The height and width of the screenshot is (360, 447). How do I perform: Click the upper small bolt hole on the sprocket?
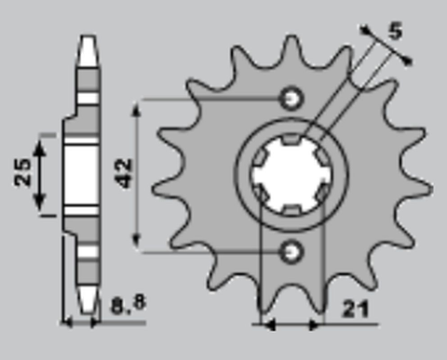point(292,99)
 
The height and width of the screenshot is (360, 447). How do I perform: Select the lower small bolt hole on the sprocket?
point(292,249)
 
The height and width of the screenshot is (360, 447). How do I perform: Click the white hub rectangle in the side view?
point(82,174)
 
